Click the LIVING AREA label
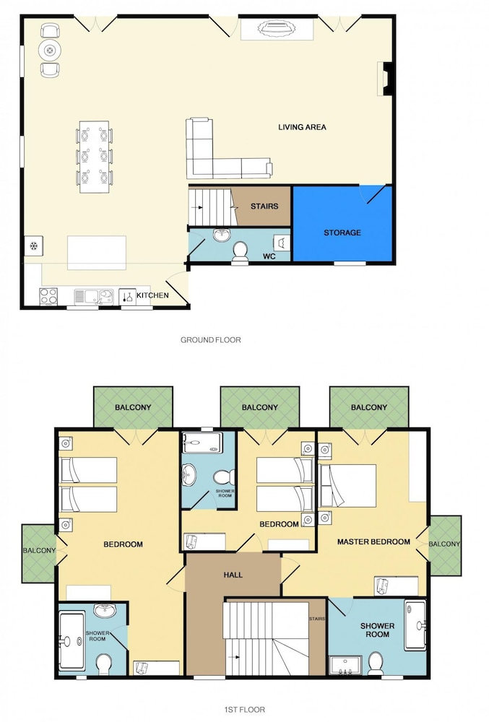pyautogui.click(x=302, y=127)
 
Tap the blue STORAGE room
pyautogui.click(x=342, y=223)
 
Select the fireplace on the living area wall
pyautogui.click(x=386, y=79)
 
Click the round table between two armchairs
pyautogui.click(x=50, y=51)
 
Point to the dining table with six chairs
pyautogui.click(x=95, y=157)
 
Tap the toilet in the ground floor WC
pyautogui.click(x=239, y=253)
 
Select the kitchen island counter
pyautogui.click(x=97, y=252)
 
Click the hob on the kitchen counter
pyautogui.click(x=48, y=296)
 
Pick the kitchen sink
pyautogui.click(x=94, y=297)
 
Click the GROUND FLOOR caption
pyautogui.click(x=210, y=340)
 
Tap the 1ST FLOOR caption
pyautogui.click(x=244, y=710)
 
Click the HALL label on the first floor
pyautogui.click(x=233, y=575)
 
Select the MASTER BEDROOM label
pyautogui.click(x=373, y=542)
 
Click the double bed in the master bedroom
pyautogui.click(x=348, y=486)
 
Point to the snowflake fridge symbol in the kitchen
pyautogui.click(x=34, y=246)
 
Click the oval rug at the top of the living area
pyautogui.click(x=277, y=29)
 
